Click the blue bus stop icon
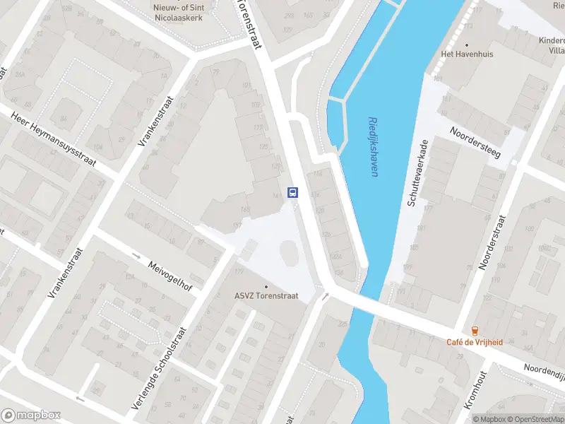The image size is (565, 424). click(292, 192)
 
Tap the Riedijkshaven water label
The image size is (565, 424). click(372, 147)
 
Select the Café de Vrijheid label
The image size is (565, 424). click(475, 342)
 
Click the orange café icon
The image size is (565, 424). click(475, 330)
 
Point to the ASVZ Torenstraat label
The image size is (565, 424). click(266, 297)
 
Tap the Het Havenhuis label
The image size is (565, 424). click(466, 54)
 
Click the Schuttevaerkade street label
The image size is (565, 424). click(417, 173)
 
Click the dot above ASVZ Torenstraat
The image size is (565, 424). click(266, 286)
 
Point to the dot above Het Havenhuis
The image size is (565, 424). click(466, 43)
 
